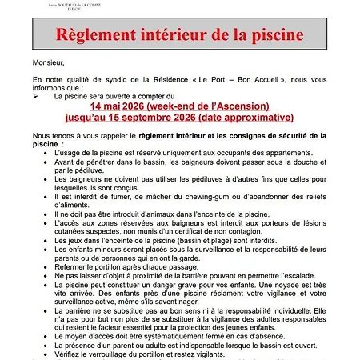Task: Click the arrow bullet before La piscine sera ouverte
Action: tap(37, 95)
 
